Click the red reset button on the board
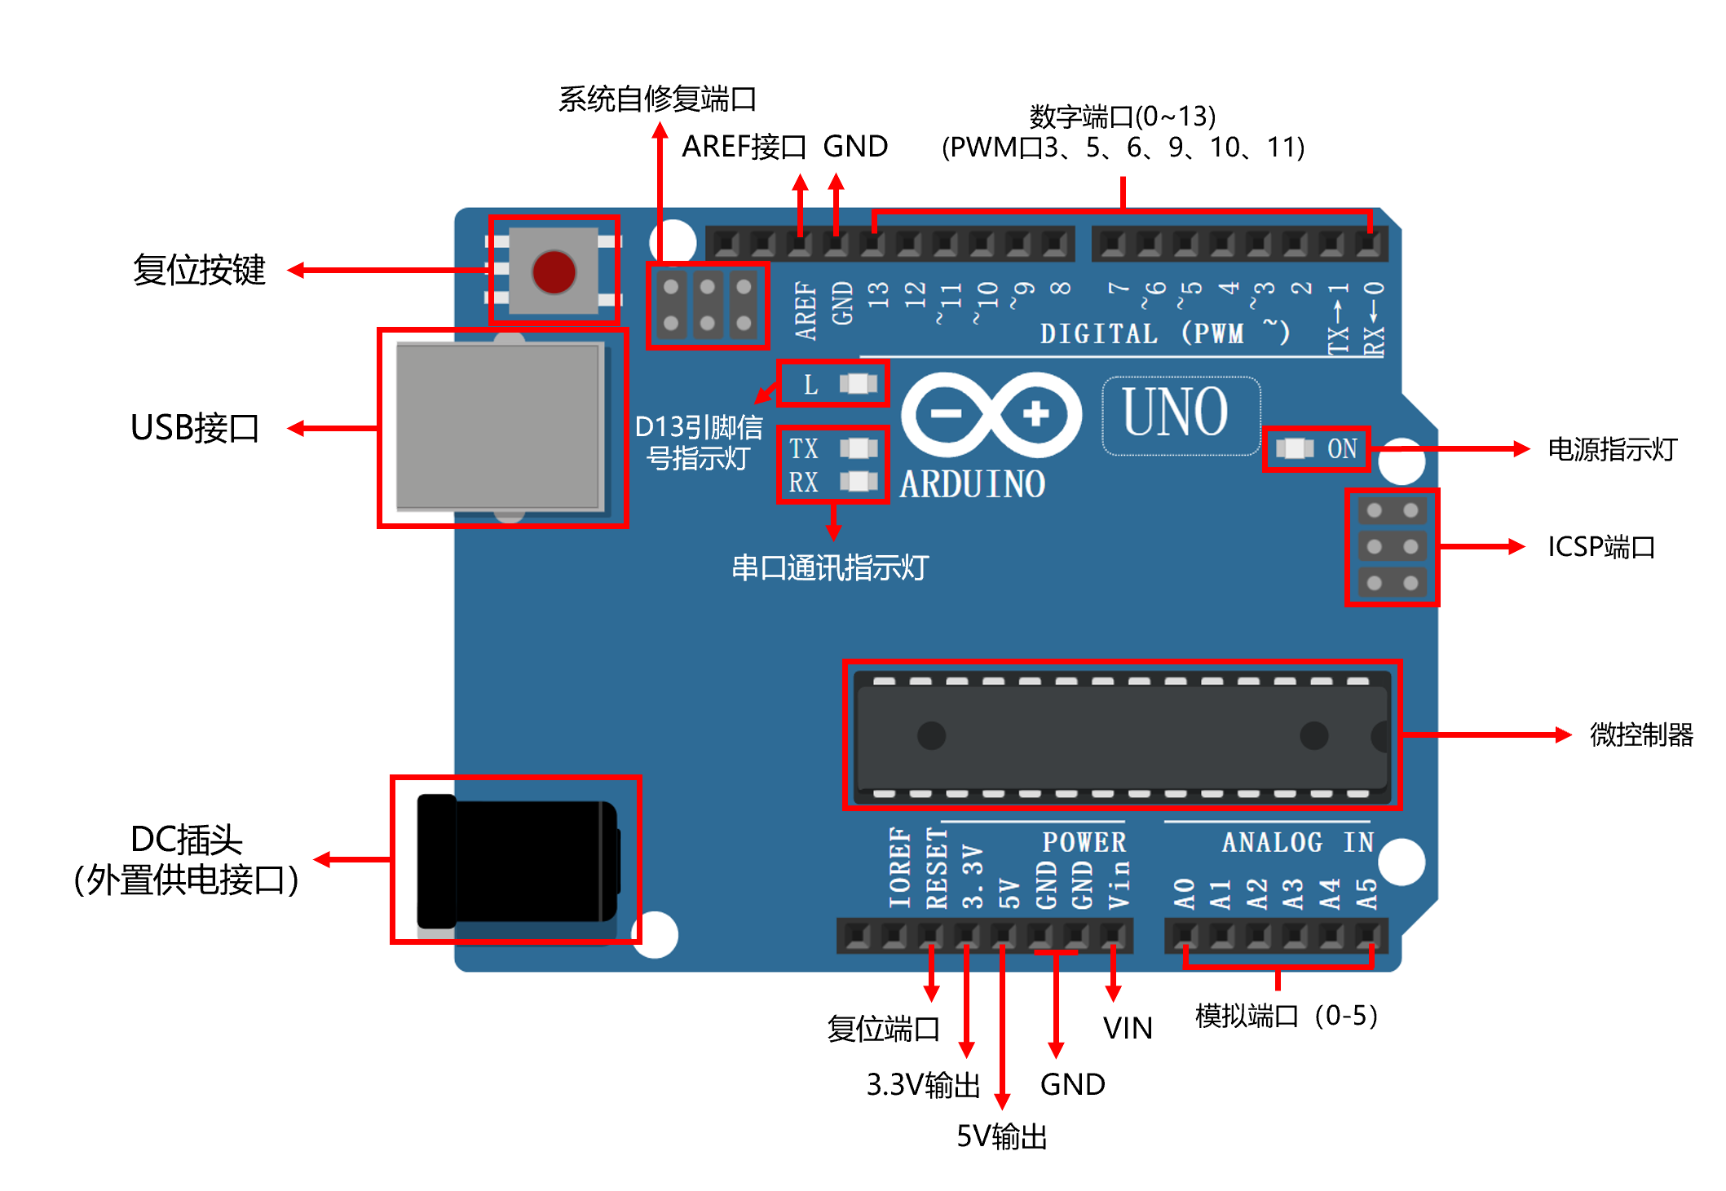(x=554, y=271)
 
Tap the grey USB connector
(x=499, y=427)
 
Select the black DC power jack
(x=517, y=859)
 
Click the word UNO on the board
(x=1175, y=412)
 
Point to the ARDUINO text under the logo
(x=972, y=484)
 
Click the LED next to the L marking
(x=858, y=384)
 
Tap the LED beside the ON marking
(x=1294, y=448)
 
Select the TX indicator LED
(x=858, y=448)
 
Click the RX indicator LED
(x=858, y=482)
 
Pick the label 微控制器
(x=1640, y=734)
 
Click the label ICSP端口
(x=1601, y=546)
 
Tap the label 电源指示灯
(x=1612, y=449)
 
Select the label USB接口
(x=195, y=428)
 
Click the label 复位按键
(x=199, y=270)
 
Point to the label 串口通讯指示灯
(x=829, y=567)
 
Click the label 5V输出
(x=1001, y=1136)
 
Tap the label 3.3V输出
(x=923, y=1085)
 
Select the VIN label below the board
(x=1128, y=1028)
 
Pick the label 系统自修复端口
(x=657, y=99)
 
